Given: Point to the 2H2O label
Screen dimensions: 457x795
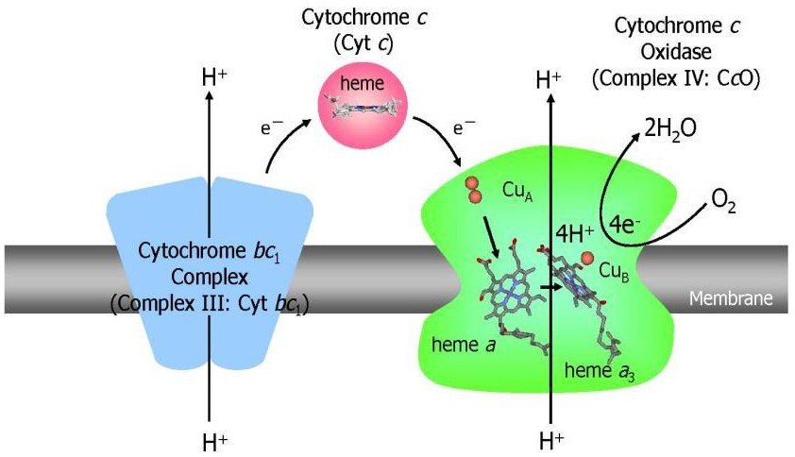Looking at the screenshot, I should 669,128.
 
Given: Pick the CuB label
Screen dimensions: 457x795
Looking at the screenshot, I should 616,271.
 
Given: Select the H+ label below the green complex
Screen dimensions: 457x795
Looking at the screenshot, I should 550,440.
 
